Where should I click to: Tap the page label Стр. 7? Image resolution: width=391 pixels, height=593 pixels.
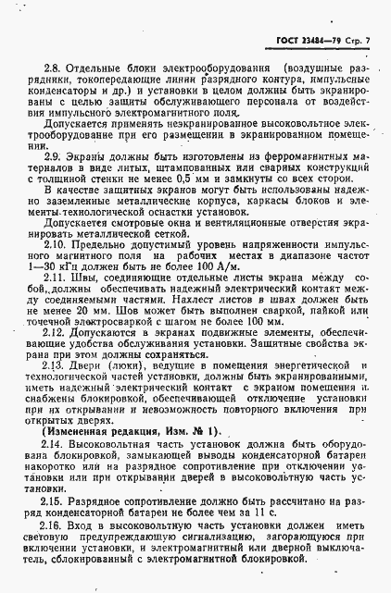[x=356, y=17]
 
